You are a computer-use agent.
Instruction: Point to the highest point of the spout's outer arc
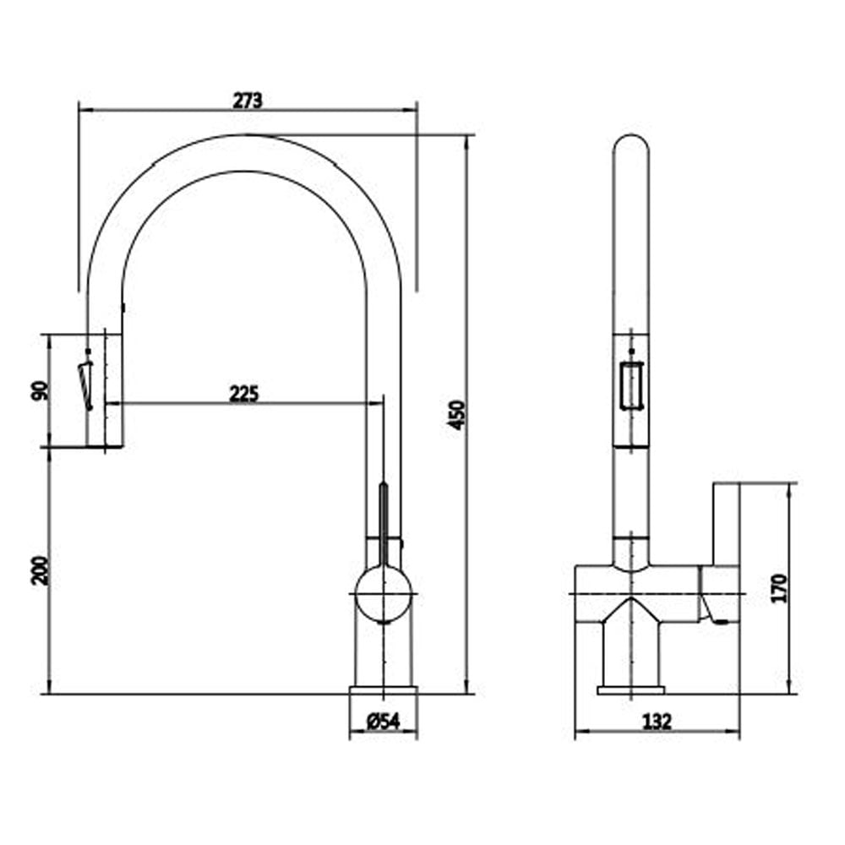coord(245,134)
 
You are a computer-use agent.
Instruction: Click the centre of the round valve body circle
coord(383,593)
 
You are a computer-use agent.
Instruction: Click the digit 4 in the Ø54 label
coord(394,722)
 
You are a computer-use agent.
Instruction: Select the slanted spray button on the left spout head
coord(85,384)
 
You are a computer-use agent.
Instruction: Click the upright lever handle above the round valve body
coord(383,524)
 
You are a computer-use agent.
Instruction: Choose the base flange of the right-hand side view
coord(630,690)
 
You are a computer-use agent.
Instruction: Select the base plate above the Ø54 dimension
coord(383,690)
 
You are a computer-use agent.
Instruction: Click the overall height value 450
coord(456,415)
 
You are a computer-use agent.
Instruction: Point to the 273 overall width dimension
coord(248,101)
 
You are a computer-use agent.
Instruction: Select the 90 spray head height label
coord(41,390)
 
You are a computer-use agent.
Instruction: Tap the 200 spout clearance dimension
coord(41,570)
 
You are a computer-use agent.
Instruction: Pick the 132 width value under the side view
coord(657,722)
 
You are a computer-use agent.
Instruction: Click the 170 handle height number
coord(780,588)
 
